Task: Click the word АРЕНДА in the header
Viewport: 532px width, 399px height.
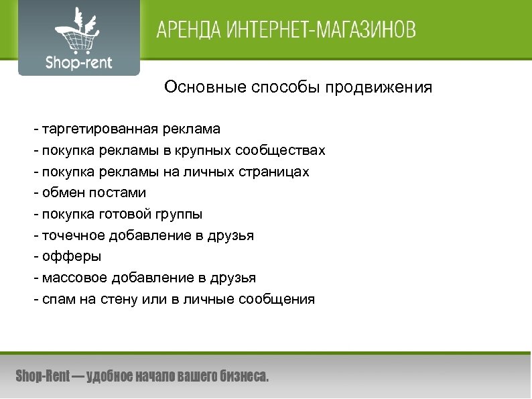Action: pyautogui.click(x=192, y=30)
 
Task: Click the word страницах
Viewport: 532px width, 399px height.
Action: pyautogui.click(x=274, y=171)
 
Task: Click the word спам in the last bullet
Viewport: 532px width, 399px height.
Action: pyautogui.click(x=56, y=299)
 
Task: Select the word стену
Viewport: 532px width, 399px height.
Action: pyautogui.click(x=120, y=299)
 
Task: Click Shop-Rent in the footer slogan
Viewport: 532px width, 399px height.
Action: pyautogui.click(x=42, y=376)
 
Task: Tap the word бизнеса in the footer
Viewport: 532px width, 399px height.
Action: pyautogui.click(x=243, y=376)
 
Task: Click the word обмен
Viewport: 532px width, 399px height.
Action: pyautogui.click(x=60, y=192)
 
